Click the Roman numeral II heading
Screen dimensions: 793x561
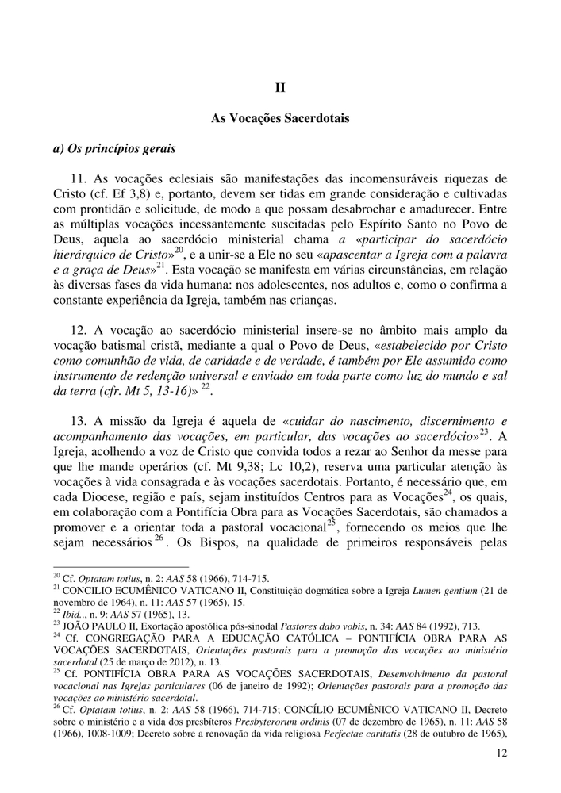(280, 88)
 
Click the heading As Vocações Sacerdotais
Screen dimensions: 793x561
(280, 118)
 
